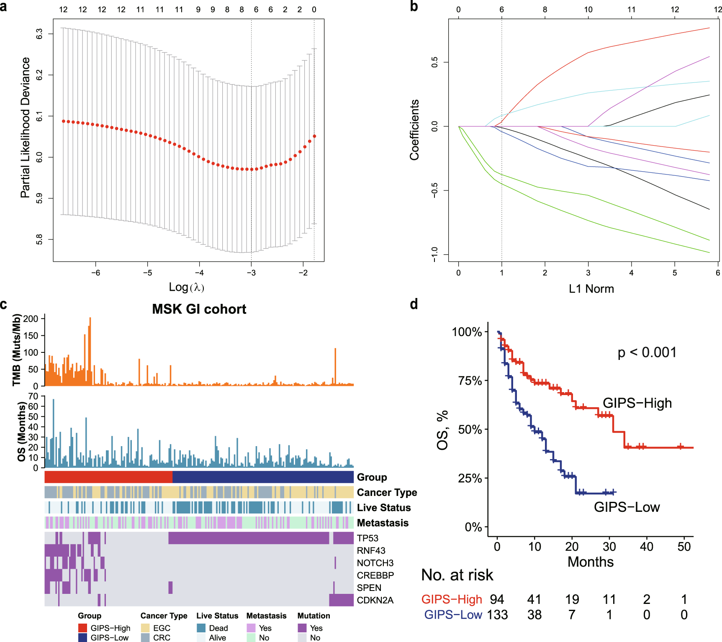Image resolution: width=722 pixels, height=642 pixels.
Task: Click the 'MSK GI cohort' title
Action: pyautogui.click(x=199, y=309)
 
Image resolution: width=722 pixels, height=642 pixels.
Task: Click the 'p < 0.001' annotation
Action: pyautogui.click(x=647, y=352)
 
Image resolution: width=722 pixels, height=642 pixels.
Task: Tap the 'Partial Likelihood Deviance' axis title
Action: pyautogui.click(x=26, y=128)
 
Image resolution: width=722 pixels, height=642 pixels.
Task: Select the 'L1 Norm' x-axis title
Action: pyautogui.click(x=591, y=289)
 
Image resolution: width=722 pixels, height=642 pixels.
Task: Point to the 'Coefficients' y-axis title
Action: pyautogui.click(x=414, y=130)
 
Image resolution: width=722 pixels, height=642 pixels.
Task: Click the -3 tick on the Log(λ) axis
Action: pyautogui.click(x=251, y=273)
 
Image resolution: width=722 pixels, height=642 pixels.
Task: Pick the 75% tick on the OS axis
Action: pyautogui.click(x=470, y=381)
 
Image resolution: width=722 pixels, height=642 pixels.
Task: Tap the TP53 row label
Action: pyautogui.click(x=367, y=538)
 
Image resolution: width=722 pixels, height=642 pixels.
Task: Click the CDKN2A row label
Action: pyautogui.click(x=375, y=600)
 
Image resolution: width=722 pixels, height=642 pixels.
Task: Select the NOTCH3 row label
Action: pyautogui.click(x=375, y=563)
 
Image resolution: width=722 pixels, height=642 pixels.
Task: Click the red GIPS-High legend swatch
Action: pyautogui.click(x=83, y=628)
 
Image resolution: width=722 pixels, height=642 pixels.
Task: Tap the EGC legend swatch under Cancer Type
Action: pyautogui.click(x=145, y=628)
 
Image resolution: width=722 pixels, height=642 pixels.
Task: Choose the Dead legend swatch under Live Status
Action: pyautogui.click(x=201, y=628)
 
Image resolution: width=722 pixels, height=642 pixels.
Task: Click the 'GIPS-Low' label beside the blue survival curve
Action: pyautogui.click(x=627, y=507)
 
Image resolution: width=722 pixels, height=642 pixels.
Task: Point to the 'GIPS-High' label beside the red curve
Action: pyautogui.click(x=637, y=403)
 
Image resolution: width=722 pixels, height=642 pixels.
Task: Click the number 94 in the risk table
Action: pyautogui.click(x=497, y=599)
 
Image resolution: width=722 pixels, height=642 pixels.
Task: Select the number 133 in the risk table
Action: pyautogui.click(x=497, y=615)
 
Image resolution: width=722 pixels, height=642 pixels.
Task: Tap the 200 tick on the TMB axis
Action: pyautogui.click(x=31, y=319)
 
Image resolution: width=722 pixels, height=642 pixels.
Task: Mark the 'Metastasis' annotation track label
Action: pyautogui.click(x=383, y=523)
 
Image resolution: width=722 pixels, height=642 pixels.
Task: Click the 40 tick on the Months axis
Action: pyautogui.click(x=647, y=547)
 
